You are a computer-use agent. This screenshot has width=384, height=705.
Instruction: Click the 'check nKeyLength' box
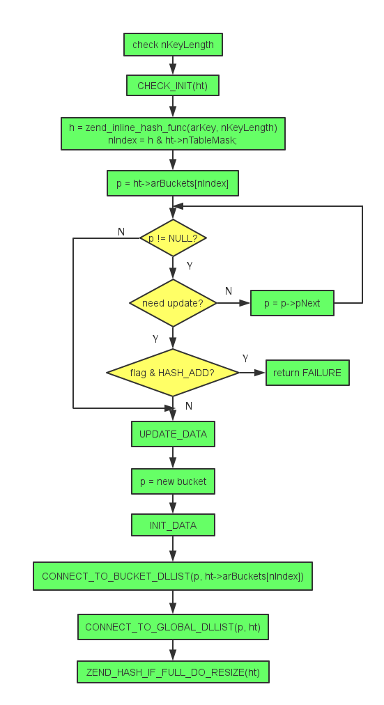coord(173,45)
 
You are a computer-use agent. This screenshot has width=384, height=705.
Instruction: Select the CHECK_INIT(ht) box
coord(173,86)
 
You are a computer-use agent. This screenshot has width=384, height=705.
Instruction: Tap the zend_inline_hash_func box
coord(173,134)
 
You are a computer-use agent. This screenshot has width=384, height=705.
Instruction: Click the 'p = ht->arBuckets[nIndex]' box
coord(173,183)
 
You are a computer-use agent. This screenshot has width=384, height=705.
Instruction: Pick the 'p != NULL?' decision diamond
coord(173,238)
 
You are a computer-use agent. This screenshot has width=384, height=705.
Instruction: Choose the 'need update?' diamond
coord(173,303)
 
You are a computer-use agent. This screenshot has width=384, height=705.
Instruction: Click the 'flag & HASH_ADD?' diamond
coord(173,373)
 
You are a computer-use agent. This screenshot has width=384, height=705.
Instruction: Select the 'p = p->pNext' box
coord(292,304)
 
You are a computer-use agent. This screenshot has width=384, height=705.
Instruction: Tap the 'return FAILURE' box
coord(307,373)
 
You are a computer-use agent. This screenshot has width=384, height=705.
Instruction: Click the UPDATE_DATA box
coord(173,434)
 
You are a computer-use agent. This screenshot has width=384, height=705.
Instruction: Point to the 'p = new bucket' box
coord(173,481)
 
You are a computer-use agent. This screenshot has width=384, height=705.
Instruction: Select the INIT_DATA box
coord(173,525)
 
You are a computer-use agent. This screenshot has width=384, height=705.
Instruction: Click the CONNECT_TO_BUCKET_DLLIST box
coord(173,576)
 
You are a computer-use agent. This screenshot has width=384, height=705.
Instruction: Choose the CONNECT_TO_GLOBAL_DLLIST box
coord(173,627)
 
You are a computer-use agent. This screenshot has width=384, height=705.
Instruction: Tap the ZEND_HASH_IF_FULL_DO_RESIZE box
coord(173,672)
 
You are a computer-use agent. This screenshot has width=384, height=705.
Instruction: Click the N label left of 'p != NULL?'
coord(121,231)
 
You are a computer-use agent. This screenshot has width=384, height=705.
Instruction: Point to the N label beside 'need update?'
coord(228,290)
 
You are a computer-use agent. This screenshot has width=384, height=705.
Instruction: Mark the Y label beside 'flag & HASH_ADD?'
coord(245,358)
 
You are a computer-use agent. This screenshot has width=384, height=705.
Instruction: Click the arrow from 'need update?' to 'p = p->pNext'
coord(233,303)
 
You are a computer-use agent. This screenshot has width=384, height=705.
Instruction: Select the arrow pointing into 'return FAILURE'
coord(252,373)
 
